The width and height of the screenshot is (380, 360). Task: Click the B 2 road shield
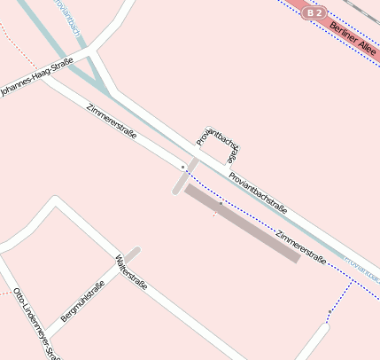tap(314, 13)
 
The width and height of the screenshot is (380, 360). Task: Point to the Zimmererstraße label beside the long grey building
tap(301, 247)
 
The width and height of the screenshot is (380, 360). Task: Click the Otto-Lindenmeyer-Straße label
tap(35, 324)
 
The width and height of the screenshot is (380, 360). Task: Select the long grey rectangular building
tap(242, 223)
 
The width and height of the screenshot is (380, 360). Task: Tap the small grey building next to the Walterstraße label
tap(132, 255)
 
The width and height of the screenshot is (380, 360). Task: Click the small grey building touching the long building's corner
tap(185, 176)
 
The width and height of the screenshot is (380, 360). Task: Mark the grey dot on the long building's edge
tap(220, 203)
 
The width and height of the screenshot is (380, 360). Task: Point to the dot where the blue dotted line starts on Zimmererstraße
tap(183, 166)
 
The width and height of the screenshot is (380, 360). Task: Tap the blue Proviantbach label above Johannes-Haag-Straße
tap(67, 18)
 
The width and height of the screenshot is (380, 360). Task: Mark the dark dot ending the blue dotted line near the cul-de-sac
tap(328, 312)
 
